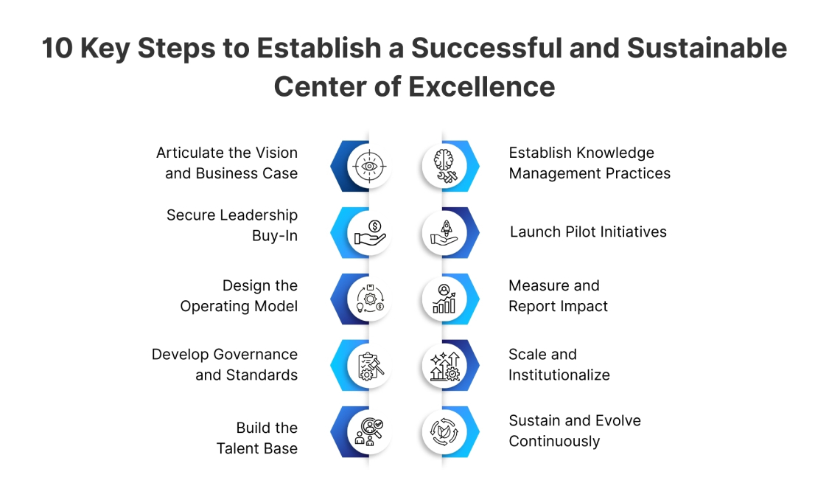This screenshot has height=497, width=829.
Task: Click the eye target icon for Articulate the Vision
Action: click(x=368, y=166)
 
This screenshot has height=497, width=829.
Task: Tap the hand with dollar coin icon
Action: click(x=368, y=232)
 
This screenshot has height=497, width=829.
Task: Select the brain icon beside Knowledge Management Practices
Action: click(x=444, y=166)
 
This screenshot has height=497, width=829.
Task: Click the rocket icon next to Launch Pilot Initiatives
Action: click(x=444, y=232)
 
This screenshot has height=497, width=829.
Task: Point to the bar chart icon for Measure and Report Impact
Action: click(x=444, y=299)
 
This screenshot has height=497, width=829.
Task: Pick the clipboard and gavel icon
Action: click(x=368, y=365)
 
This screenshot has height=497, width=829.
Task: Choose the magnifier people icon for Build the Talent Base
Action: click(x=368, y=431)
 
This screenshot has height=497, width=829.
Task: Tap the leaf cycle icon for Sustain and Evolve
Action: click(x=444, y=431)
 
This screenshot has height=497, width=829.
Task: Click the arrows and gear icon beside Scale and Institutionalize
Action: click(x=444, y=365)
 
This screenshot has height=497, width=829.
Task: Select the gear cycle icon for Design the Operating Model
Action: click(x=368, y=299)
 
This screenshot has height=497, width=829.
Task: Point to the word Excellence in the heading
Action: click(x=482, y=86)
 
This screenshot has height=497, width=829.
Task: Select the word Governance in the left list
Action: click(x=256, y=354)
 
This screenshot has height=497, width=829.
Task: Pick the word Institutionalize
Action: click(x=559, y=375)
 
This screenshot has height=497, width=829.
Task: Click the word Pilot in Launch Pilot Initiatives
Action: click(x=576, y=232)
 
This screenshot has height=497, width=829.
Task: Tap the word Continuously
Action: click(x=554, y=441)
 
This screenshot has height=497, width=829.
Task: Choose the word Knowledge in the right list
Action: click(x=616, y=153)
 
